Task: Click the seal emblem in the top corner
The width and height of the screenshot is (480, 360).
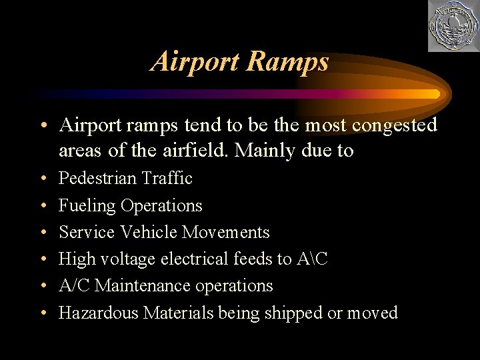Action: pyautogui.click(x=453, y=26)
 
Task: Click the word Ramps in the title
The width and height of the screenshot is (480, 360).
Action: pyautogui.click(x=287, y=61)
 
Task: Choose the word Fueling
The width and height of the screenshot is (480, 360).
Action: pyautogui.click(x=87, y=205)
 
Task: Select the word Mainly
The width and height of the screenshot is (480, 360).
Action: pyautogui.click(x=261, y=151)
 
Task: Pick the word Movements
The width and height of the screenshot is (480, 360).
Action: pyautogui.click(x=226, y=232)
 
